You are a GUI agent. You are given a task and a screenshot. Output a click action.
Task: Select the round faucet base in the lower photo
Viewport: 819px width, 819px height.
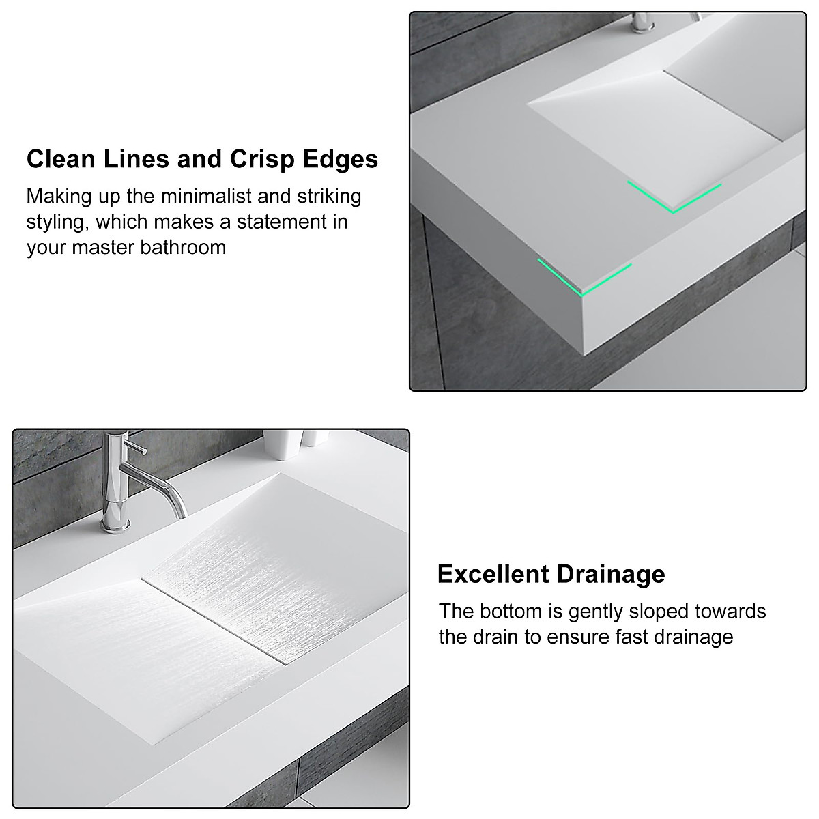[x=116, y=524]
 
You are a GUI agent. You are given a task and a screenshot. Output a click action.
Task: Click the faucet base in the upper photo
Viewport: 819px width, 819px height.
[x=642, y=26]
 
